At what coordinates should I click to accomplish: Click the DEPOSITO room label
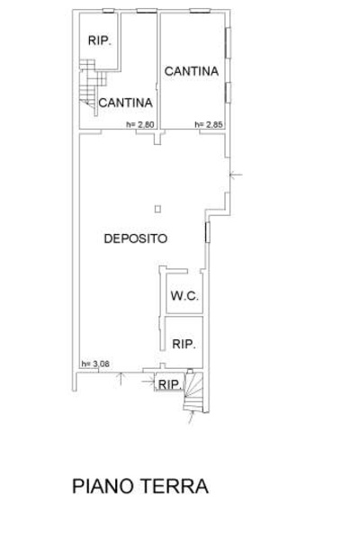136,238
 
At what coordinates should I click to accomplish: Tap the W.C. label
184,296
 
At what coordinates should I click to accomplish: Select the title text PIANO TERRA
140,486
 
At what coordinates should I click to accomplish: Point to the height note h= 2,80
140,124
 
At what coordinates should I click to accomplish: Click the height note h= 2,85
209,124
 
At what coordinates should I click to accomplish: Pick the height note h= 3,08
95,364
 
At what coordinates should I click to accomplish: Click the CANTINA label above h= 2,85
192,71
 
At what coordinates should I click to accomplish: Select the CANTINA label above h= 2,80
125,103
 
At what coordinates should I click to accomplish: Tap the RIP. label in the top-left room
100,40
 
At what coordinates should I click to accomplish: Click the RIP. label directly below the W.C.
184,344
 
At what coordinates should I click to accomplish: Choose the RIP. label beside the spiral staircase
169,384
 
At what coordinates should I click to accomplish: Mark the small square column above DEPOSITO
157,209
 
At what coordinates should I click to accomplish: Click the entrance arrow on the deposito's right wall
236,175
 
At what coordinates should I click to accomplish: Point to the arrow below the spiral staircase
191,418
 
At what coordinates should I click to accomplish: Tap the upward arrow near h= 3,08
121,379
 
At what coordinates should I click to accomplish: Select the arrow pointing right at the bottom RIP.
148,381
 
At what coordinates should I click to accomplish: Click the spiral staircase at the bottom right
193,391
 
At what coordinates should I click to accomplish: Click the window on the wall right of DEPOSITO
207,232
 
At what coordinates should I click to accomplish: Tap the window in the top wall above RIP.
108,11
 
